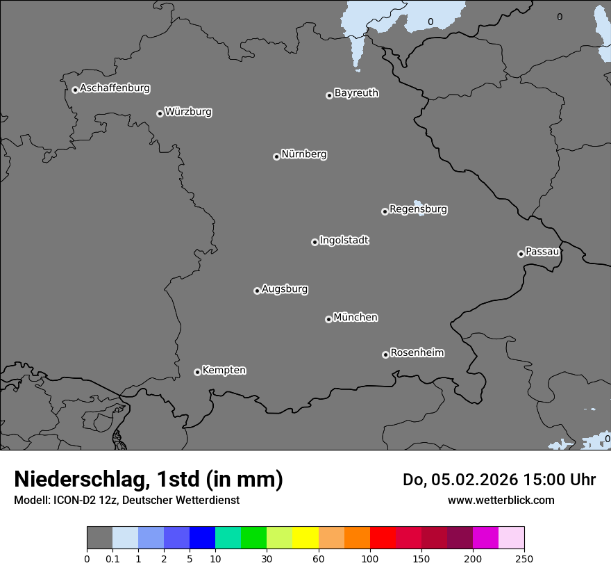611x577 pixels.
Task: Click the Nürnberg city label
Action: click(x=303, y=154)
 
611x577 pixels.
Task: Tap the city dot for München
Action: click(x=328, y=319)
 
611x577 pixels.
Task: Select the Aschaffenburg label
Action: click(x=115, y=88)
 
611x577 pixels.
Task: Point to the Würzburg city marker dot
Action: click(x=160, y=113)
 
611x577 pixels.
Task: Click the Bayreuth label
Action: click(x=356, y=93)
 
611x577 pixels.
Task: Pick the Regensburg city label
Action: click(x=418, y=209)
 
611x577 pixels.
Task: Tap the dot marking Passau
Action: click(x=521, y=254)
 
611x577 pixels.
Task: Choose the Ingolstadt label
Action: click(x=344, y=241)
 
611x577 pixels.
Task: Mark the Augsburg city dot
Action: click(x=257, y=291)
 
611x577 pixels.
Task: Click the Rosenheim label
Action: click(x=417, y=353)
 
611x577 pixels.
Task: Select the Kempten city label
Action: click(x=224, y=371)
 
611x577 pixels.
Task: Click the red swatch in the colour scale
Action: click(x=383, y=538)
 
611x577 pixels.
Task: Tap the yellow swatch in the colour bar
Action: click(x=305, y=538)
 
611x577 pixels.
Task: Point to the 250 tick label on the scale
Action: click(x=524, y=558)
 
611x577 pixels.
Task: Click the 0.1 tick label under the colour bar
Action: click(x=112, y=558)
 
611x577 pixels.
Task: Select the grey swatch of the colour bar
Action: click(x=99, y=538)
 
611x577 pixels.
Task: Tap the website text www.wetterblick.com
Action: click(x=501, y=500)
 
